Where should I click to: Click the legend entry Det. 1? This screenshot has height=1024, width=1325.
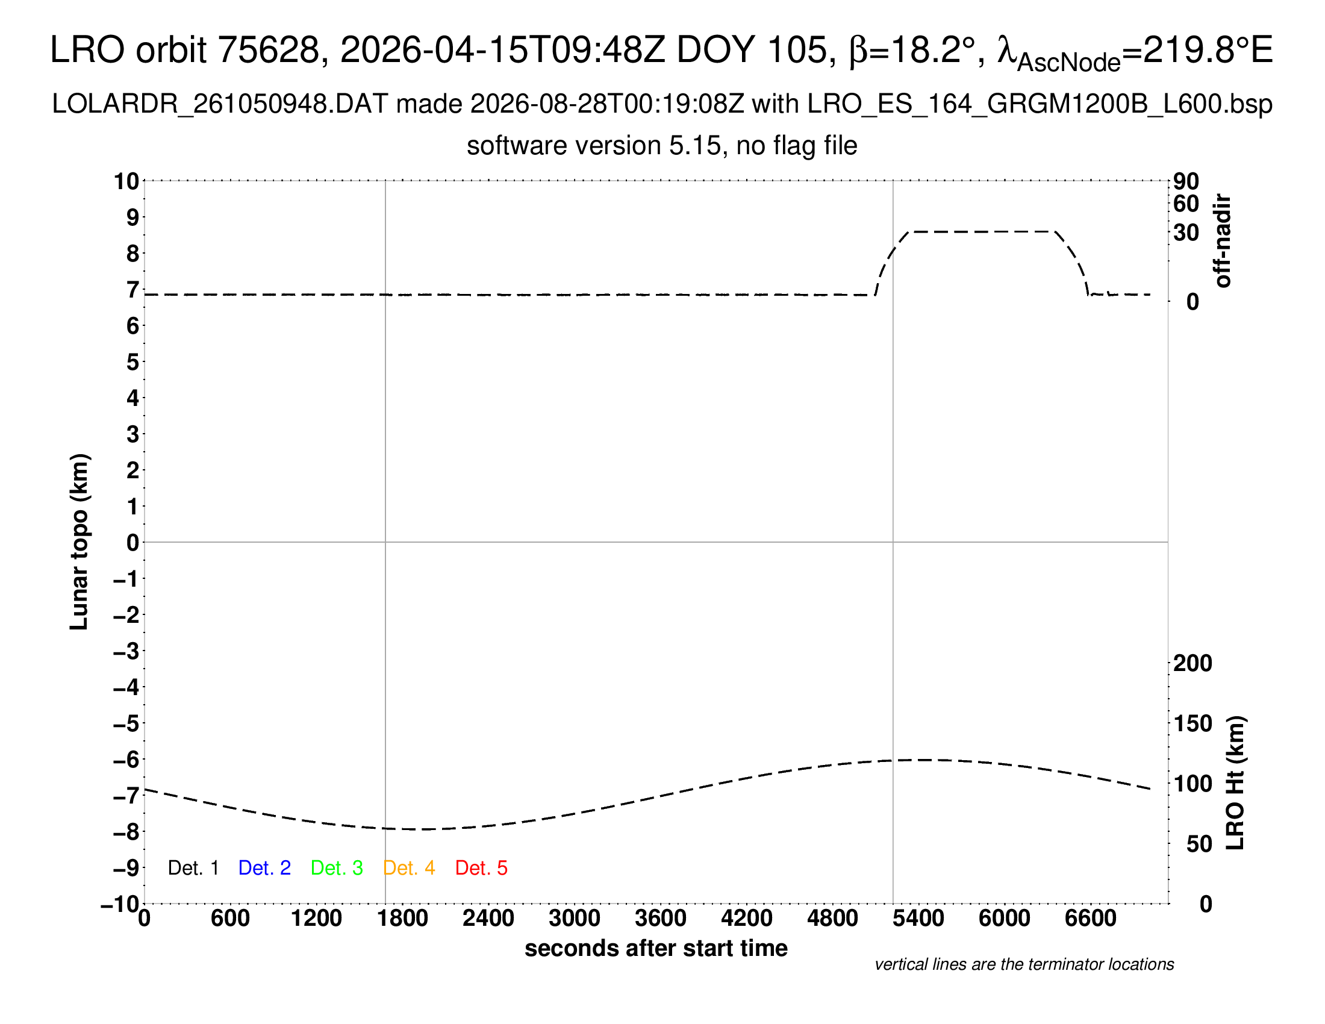point(193,868)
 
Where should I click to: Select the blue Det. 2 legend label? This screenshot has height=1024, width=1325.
point(264,868)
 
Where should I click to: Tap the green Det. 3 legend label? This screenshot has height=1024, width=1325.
point(337,868)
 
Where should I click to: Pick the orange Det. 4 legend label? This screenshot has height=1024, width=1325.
point(409,868)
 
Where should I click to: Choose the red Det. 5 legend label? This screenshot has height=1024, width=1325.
point(481,868)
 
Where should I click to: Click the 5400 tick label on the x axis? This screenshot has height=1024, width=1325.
point(918,919)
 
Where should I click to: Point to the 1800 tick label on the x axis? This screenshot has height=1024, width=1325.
point(402,919)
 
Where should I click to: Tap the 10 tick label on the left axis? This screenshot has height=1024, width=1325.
point(127,181)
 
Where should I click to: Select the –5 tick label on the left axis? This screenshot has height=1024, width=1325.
point(126,723)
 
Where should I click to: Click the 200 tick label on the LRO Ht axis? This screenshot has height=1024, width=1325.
point(1192,663)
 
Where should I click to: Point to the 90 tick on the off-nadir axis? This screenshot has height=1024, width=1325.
point(1186,181)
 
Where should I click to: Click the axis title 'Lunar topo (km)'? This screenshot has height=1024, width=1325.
point(79,542)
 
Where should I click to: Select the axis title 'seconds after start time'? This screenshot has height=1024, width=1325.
point(656,948)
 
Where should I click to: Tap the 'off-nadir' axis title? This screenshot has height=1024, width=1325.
point(1223,241)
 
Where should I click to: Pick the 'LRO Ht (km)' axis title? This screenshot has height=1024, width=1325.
point(1235,783)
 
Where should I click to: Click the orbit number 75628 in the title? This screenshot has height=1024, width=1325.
point(269,50)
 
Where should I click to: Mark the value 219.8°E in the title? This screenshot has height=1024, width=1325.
point(1208,50)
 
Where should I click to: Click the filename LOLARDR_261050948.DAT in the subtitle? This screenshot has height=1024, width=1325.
point(220,104)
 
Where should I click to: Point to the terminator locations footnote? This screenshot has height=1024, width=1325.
point(1024,964)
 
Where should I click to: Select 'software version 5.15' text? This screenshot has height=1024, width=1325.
point(593,146)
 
